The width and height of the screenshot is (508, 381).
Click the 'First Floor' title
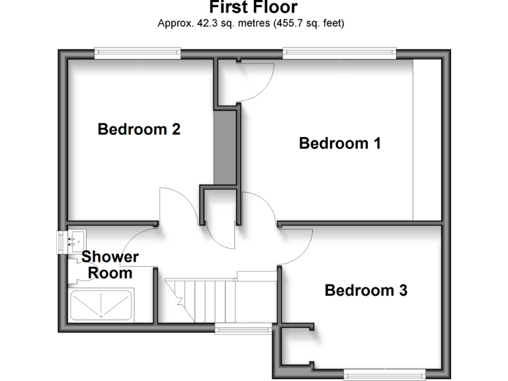click(x=253, y=7)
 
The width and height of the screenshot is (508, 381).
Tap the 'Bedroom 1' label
click(x=339, y=143)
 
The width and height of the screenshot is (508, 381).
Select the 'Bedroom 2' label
click(x=139, y=129)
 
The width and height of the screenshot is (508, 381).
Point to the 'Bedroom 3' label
click(x=365, y=290)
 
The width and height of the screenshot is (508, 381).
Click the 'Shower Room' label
click(x=110, y=265)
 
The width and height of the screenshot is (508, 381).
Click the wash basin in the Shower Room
click(x=74, y=240)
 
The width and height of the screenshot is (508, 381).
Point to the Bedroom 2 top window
click(x=137, y=52)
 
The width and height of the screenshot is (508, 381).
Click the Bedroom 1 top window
click(x=339, y=52)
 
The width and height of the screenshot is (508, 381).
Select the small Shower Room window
click(x=61, y=241)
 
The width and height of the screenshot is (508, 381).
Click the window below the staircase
click(x=242, y=329)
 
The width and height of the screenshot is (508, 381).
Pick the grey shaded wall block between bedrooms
click(x=225, y=147)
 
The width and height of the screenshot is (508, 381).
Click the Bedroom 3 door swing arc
click(x=298, y=245)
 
